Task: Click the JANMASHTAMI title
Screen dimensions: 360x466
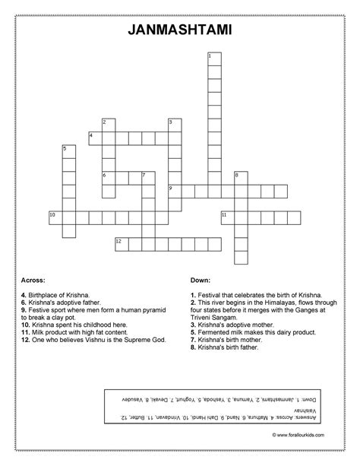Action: click(x=180, y=30)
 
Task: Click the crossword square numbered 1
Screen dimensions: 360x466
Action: click(x=213, y=59)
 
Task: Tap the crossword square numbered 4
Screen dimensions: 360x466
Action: click(x=94, y=138)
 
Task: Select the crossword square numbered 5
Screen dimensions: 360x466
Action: click(x=68, y=151)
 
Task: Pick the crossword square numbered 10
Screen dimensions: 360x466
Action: click(x=55, y=217)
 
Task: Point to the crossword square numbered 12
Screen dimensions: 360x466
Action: click(x=121, y=243)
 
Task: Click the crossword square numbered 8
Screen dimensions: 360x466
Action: click(x=241, y=178)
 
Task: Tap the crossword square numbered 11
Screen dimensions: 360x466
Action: click(x=227, y=217)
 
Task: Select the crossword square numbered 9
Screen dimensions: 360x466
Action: click(x=174, y=191)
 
